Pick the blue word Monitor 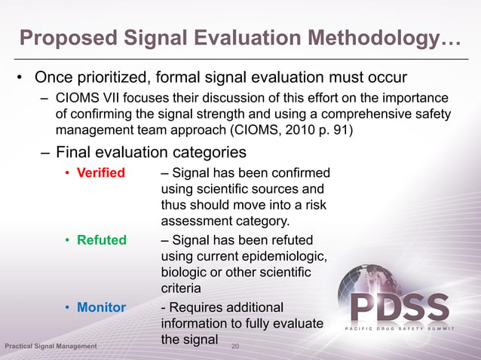[x=102, y=308]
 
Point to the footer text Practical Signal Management [x=51, y=346]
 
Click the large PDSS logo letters [x=400, y=308]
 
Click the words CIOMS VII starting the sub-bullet [x=84, y=99]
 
